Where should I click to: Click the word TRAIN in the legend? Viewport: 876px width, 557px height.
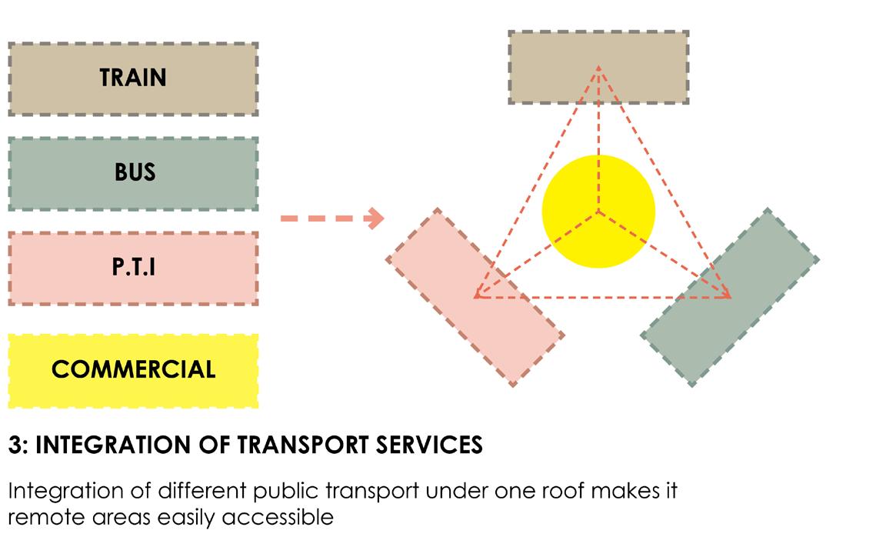pyautogui.click(x=132, y=78)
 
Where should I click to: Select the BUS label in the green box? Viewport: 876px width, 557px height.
pyautogui.click(x=135, y=172)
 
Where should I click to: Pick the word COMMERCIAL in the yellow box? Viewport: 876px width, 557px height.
pyautogui.click(x=133, y=369)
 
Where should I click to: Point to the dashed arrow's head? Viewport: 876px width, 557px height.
pyautogui.click(x=376, y=218)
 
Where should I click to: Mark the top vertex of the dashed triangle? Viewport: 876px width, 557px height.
pyautogui.click(x=598, y=68)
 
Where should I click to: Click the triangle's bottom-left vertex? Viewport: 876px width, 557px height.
pyautogui.click(x=477, y=295)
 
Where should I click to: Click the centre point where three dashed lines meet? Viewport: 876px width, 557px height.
pyautogui.click(x=598, y=210)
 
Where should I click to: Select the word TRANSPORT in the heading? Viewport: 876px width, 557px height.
pyautogui.click(x=308, y=445)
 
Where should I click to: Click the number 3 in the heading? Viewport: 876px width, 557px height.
pyautogui.click(x=14, y=445)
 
